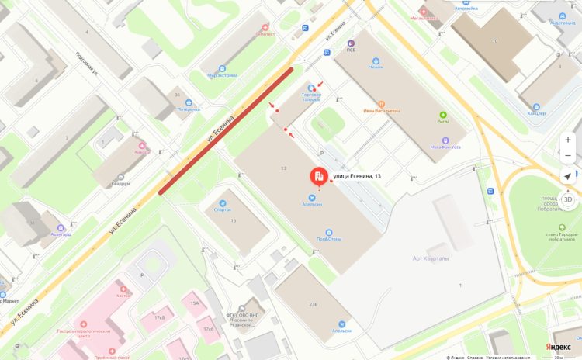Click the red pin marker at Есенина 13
click(x=319, y=177)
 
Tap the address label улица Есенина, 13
click(x=357, y=177)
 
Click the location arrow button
click(x=568, y=177)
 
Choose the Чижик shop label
click(x=376, y=67)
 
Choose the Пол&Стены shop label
click(x=328, y=240)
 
